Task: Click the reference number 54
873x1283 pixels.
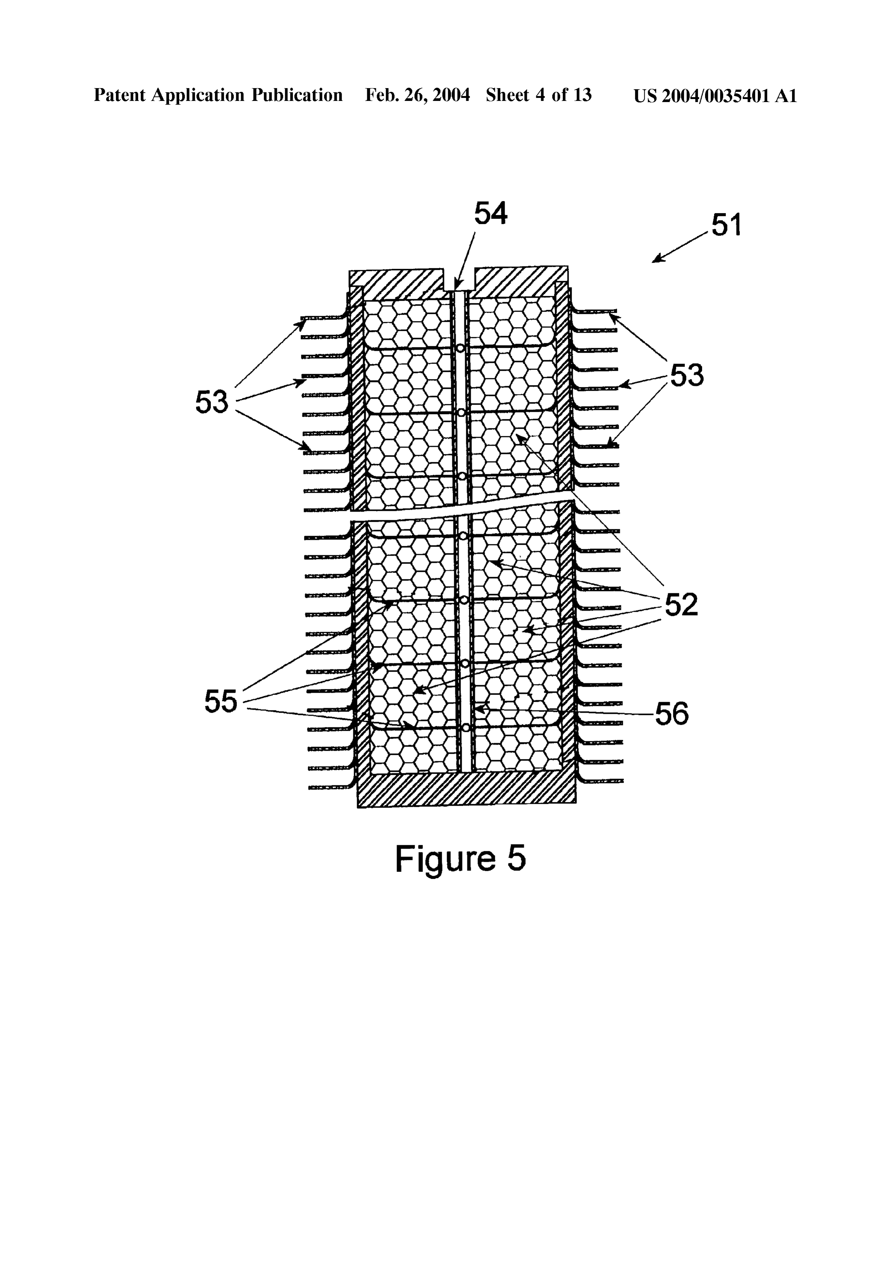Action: click(491, 214)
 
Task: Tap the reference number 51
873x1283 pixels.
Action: click(726, 225)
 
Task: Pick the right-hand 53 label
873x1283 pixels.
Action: click(687, 375)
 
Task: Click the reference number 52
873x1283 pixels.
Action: click(681, 605)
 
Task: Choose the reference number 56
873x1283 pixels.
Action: click(672, 714)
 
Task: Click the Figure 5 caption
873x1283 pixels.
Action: click(460, 859)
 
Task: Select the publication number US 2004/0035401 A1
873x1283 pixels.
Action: click(715, 96)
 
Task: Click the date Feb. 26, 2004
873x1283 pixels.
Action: click(417, 96)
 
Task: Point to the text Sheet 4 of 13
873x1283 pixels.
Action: click(538, 96)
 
